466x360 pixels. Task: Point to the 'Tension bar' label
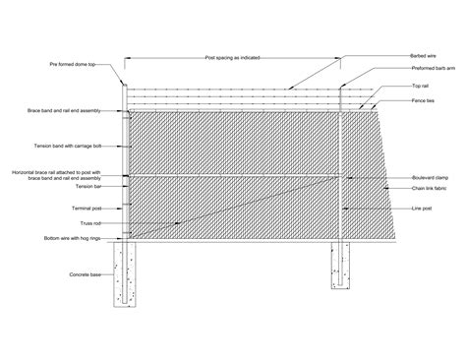click(82, 185)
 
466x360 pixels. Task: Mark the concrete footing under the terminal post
click(128, 274)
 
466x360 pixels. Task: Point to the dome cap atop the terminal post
click(124, 81)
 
